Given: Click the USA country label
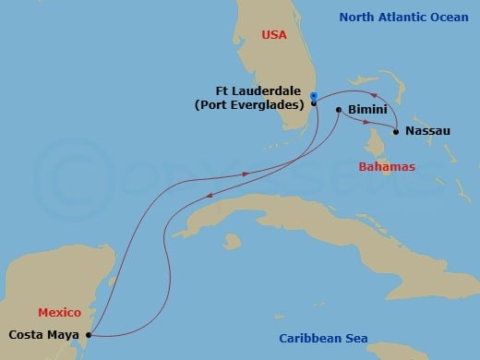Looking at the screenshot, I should coord(274,34).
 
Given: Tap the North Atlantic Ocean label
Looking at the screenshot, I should coord(404,17).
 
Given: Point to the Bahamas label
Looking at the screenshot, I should coord(386,166).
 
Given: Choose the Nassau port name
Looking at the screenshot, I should coord(427,131).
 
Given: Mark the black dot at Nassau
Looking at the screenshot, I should coord(396,132).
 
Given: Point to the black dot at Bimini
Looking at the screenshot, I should coord(339,110).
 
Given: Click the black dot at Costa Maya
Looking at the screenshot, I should coord(89,335).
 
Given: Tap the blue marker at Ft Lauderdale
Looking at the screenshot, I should coord(314,95).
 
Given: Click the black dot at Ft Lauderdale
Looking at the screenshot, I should coord(314,103).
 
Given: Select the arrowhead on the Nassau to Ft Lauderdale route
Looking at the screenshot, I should coord(374,96).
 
